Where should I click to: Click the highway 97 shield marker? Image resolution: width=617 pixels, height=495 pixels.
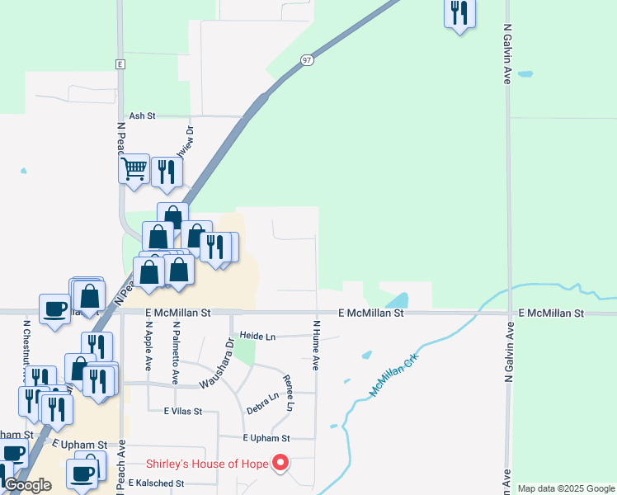point(307,60)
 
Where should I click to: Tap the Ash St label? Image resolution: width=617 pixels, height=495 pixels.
point(142,116)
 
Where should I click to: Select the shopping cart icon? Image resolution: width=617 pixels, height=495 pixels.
point(134,169)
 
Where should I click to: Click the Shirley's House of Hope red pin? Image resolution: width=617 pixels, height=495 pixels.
point(280,463)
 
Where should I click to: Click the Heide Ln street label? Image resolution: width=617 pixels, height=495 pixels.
point(257,337)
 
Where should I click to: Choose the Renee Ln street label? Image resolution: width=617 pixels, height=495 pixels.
point(288,393)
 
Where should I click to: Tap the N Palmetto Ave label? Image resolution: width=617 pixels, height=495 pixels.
point(176,353)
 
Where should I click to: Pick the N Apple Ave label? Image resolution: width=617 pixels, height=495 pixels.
point(149,346)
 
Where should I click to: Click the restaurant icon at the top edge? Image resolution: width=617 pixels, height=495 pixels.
point(459,12)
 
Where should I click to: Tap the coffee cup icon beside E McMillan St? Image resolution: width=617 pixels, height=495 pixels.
point(55,309)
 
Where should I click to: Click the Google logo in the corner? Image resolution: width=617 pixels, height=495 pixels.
point(27,485)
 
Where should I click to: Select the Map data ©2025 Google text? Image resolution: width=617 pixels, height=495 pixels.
point(566,488)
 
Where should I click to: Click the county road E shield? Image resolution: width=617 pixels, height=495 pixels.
point(120,64)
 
